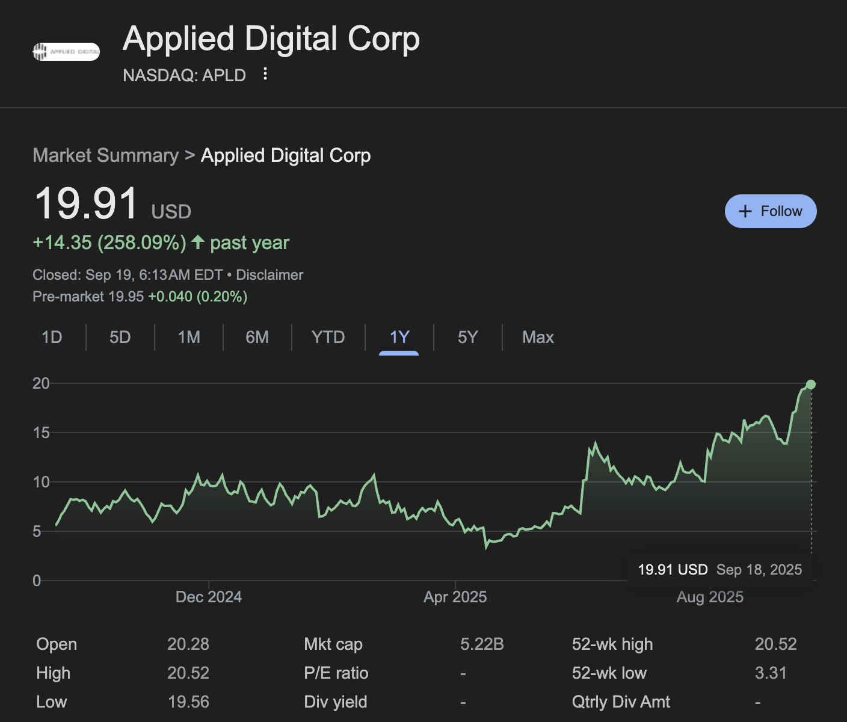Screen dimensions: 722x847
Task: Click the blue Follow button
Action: tap(770, 211)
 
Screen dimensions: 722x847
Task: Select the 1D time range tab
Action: tap(52, 337)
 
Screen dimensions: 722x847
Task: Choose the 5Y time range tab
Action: tap(467, 337)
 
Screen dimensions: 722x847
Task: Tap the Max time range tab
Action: tap(538, 337)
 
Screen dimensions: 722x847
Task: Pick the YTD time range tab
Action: tap(328, 337)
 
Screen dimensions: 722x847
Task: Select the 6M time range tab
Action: tap(257, 337)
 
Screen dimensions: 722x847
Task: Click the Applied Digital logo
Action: tap(66, 52)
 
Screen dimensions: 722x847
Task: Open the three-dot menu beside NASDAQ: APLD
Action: tap(265, 74)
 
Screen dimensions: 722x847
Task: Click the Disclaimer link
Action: tap(269, 275)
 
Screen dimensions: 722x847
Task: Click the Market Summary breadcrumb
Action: tap(105, 155)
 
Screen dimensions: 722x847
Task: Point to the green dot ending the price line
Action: tap(810, 384)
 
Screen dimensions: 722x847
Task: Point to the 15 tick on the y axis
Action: tap(41, 433)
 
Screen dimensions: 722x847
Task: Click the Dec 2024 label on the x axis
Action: tap(208, 597)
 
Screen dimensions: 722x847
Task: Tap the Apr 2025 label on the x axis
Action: tap(455, 597)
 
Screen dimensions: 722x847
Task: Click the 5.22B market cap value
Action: tap(482, 644)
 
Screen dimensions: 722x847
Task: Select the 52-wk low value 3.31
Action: tap(771, 673)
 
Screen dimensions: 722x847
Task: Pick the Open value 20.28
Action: tap(188, 644)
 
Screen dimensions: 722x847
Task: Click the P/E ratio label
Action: tap(336, 673)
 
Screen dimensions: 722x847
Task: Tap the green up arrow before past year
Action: tap(198, 242)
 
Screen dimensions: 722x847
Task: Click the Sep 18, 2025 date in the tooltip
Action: tap(759, 570)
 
